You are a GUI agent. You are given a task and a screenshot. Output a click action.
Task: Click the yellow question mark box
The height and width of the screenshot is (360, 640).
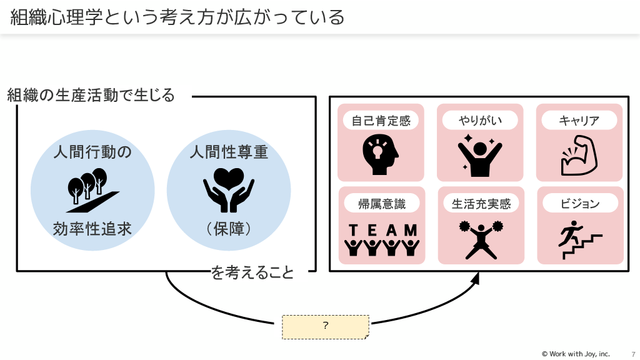tap(326, 326)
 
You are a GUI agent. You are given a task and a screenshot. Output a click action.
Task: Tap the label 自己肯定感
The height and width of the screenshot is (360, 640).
tap(381, 121)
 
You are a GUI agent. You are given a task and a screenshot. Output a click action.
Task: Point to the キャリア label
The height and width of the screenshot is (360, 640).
tap(579, 121)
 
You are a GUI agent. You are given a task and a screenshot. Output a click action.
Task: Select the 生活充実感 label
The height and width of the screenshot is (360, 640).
tap(481, 204)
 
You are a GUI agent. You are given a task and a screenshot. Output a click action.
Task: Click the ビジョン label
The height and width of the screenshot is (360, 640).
tap(579, 203)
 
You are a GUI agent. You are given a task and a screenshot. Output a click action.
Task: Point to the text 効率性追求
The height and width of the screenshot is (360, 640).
tap(92, 228)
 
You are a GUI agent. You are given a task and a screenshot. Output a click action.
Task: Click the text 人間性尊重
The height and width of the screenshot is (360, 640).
tap(229, 151)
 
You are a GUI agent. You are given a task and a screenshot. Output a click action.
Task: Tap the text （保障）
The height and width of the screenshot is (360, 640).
tap(229, 228)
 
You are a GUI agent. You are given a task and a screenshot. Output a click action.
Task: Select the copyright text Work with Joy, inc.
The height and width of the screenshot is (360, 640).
tap(575, 354)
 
